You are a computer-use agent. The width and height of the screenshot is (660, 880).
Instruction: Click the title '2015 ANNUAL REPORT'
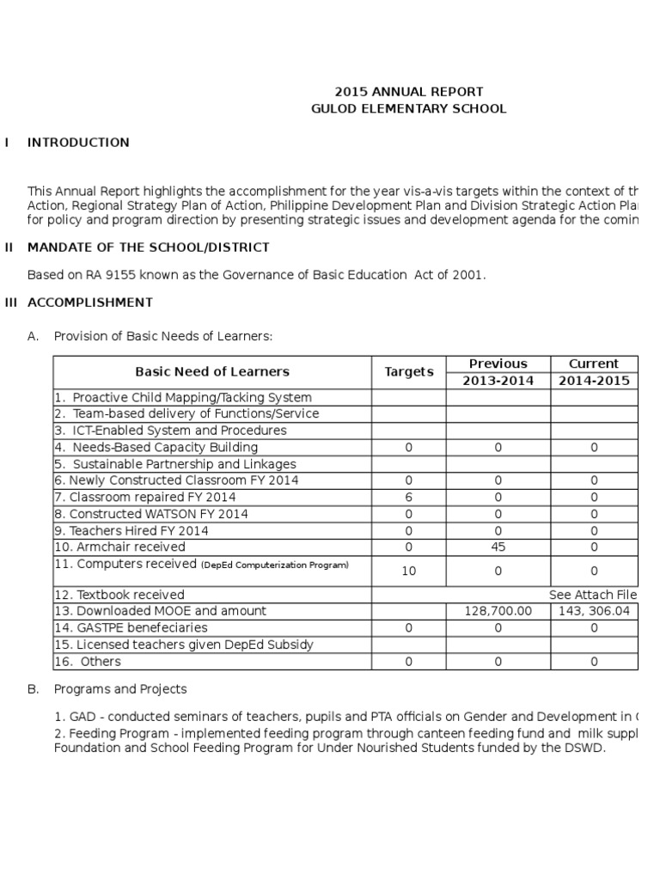[408, 91]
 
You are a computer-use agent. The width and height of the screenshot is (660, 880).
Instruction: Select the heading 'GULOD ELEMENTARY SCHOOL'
[408, 109]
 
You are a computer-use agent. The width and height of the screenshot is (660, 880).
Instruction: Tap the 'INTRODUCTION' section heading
[78, 143]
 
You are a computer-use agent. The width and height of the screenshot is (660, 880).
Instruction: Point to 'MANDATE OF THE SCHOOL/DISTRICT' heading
[148, 247]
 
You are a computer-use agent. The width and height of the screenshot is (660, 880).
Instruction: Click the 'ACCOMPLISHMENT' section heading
[90, 302]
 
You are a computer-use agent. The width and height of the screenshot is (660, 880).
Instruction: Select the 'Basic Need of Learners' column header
[212, 372]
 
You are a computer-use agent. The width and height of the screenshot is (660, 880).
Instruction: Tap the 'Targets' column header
[408, 372]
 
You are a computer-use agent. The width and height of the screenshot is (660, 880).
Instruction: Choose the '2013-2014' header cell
[498, 381]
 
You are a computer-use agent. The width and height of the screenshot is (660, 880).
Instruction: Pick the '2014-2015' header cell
[594, 381]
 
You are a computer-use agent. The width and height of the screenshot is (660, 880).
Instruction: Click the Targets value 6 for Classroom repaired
[408, 498]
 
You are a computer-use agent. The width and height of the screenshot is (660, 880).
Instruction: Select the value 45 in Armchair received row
[498, 547]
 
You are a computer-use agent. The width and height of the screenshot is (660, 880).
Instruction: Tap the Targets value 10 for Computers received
[408, 571]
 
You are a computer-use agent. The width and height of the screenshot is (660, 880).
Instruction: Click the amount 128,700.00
[498, 611]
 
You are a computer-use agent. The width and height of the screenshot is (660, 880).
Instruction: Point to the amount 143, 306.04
[594, 611]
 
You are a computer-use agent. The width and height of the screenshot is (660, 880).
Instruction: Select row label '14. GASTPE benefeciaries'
[131, 628]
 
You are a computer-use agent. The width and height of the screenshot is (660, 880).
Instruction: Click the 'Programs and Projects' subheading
[120, 689]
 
